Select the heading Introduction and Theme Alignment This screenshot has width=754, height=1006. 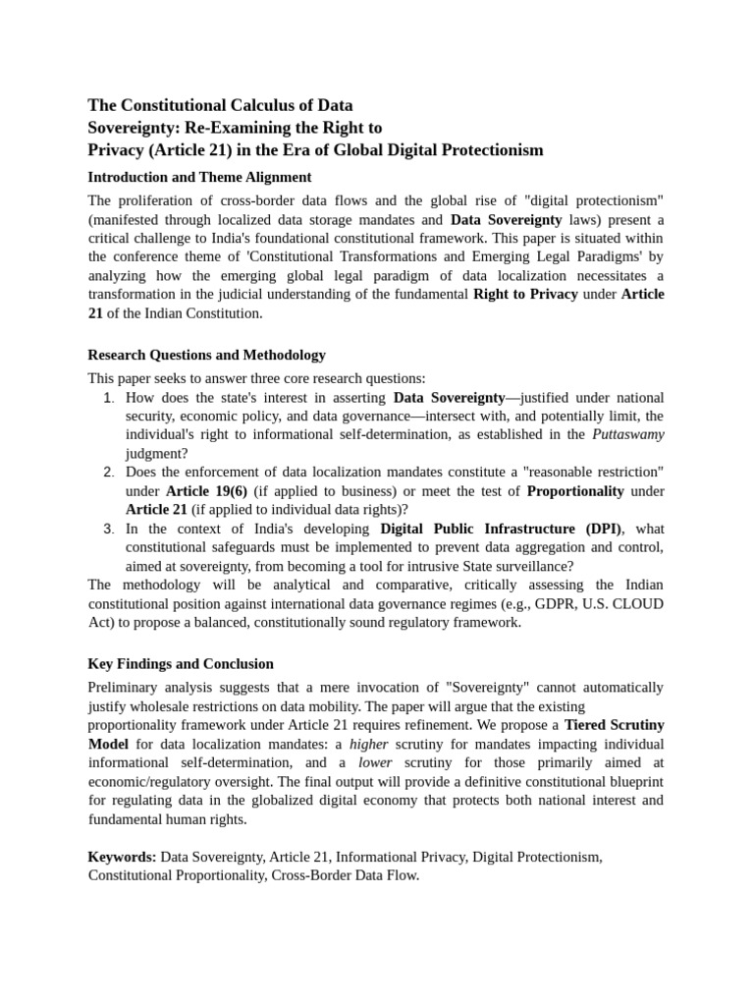tap(199, 178)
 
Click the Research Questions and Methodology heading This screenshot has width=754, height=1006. tap(206, 355)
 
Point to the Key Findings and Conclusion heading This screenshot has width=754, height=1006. tap(181, 664)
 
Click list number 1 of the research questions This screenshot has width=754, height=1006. tap(109, 398)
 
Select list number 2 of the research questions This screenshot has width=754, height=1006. tap(109, 473)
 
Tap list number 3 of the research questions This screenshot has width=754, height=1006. tap(109, 529)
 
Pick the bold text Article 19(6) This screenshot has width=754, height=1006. tap(206, 491)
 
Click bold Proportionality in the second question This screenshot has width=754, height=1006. tap(574, 491)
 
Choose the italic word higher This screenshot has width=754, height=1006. tap(370, 744)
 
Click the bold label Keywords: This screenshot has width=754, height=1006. tap(122, 857)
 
